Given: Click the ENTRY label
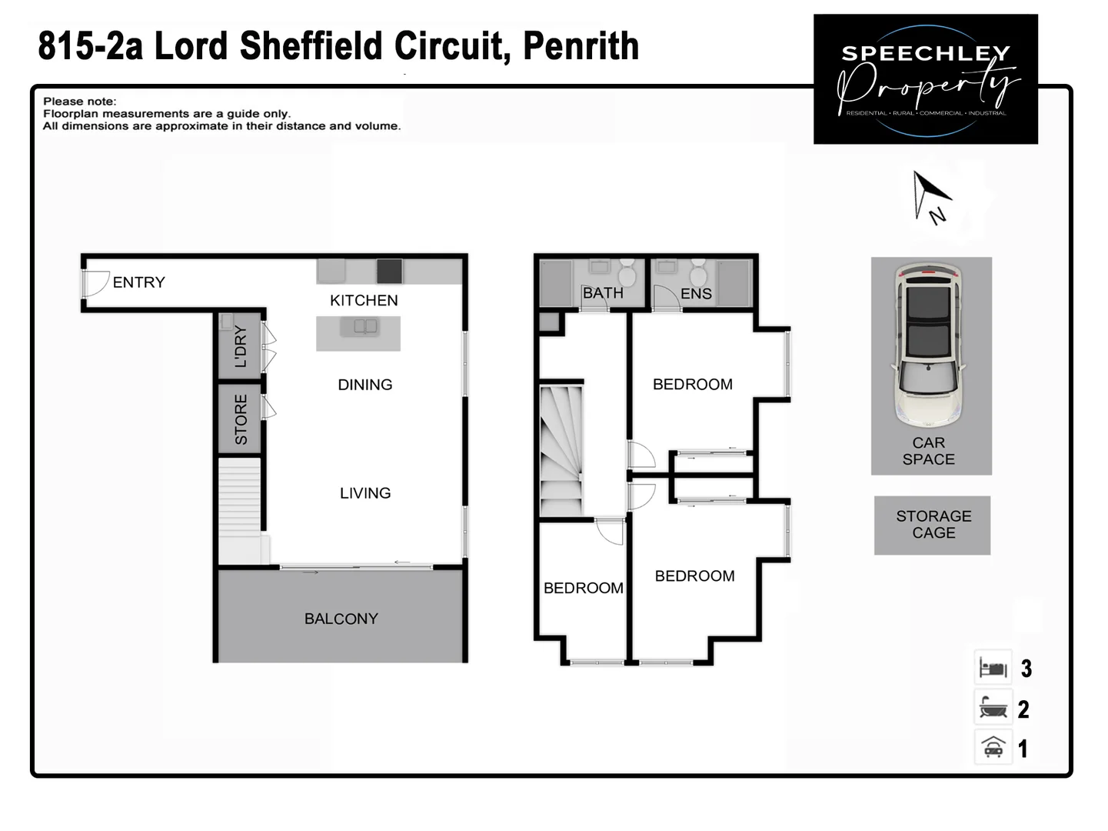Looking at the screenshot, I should coord(138,282).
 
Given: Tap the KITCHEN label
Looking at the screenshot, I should coord(364,300).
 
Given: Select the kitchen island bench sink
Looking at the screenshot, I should coord(365,327).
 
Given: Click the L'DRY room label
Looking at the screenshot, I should coord(241,346).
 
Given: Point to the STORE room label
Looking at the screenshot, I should coord(241,419).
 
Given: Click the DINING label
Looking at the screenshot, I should coord(365,385).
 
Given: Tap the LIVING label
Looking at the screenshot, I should coord(365,493).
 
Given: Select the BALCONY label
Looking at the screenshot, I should coord(341,619).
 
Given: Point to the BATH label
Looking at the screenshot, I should coord(603,293).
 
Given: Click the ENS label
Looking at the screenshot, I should coord(696,294).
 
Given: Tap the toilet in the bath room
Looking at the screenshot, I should coord(627,275).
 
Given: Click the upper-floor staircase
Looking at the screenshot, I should coord(561,452).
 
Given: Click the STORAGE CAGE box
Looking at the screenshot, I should coord(933,525).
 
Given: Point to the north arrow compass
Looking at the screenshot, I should coord(930,196).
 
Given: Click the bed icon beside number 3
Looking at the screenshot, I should coord(993,668).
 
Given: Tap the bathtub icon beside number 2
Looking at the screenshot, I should coord(993,707).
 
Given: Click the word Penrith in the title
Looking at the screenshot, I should coord(581,46).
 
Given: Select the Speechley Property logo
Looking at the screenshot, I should coord(926,79).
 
